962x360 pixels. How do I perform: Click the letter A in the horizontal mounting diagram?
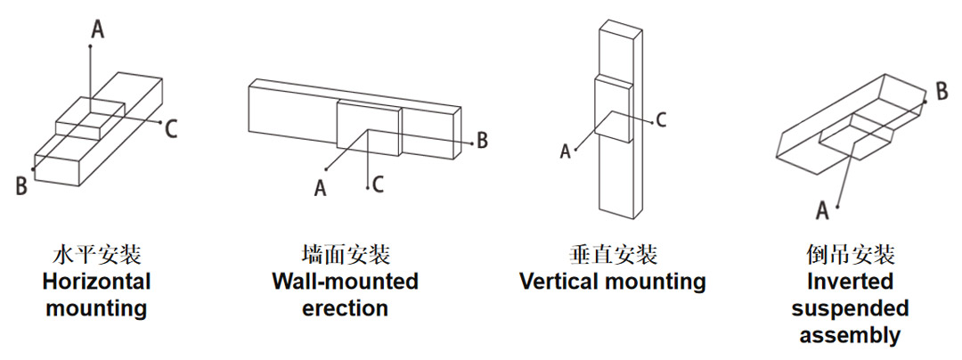[98, 29]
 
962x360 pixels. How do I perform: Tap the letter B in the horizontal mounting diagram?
[21, 185]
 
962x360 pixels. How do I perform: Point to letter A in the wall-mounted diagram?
[320, 188]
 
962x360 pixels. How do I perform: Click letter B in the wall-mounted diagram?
[482, 140]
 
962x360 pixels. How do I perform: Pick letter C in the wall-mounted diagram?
[378, 184]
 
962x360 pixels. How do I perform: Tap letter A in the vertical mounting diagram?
[565, 151]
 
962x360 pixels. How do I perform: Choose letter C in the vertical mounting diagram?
[660, 120]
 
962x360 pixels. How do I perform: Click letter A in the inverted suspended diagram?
[822, 211]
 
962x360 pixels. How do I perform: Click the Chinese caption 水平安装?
[97, 255]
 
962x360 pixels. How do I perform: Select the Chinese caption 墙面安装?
[346, 255]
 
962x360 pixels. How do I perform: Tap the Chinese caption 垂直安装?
[613, 255]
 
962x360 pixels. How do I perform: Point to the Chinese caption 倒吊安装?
[851, 255]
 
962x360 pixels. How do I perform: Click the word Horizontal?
[97, 282]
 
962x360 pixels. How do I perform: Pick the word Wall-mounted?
[346, 282]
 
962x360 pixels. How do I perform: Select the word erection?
[346, 307]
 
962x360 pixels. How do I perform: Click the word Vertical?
[558, 282]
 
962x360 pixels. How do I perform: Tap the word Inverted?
[851, 282]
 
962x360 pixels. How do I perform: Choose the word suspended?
[851, 308]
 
